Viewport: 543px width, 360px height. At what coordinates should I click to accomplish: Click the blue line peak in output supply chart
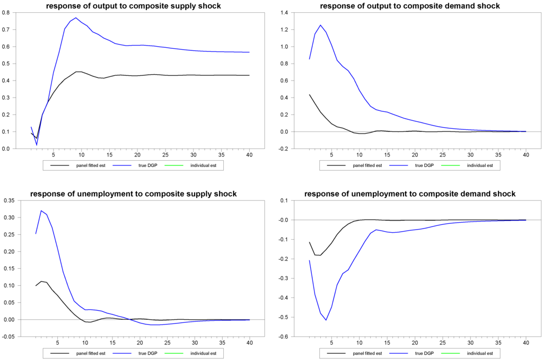(76, 18)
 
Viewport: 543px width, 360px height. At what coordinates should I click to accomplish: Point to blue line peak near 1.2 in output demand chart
(320, 25)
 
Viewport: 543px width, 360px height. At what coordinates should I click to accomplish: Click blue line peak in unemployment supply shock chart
(41, 210)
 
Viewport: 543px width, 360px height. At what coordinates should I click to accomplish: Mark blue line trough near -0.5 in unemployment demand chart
(326, 320)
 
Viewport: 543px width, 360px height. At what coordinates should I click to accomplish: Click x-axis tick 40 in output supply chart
(249, 154)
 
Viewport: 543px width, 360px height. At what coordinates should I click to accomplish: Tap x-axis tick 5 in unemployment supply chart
(53, 342)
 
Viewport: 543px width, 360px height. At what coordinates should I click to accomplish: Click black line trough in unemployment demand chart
(320, 256)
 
